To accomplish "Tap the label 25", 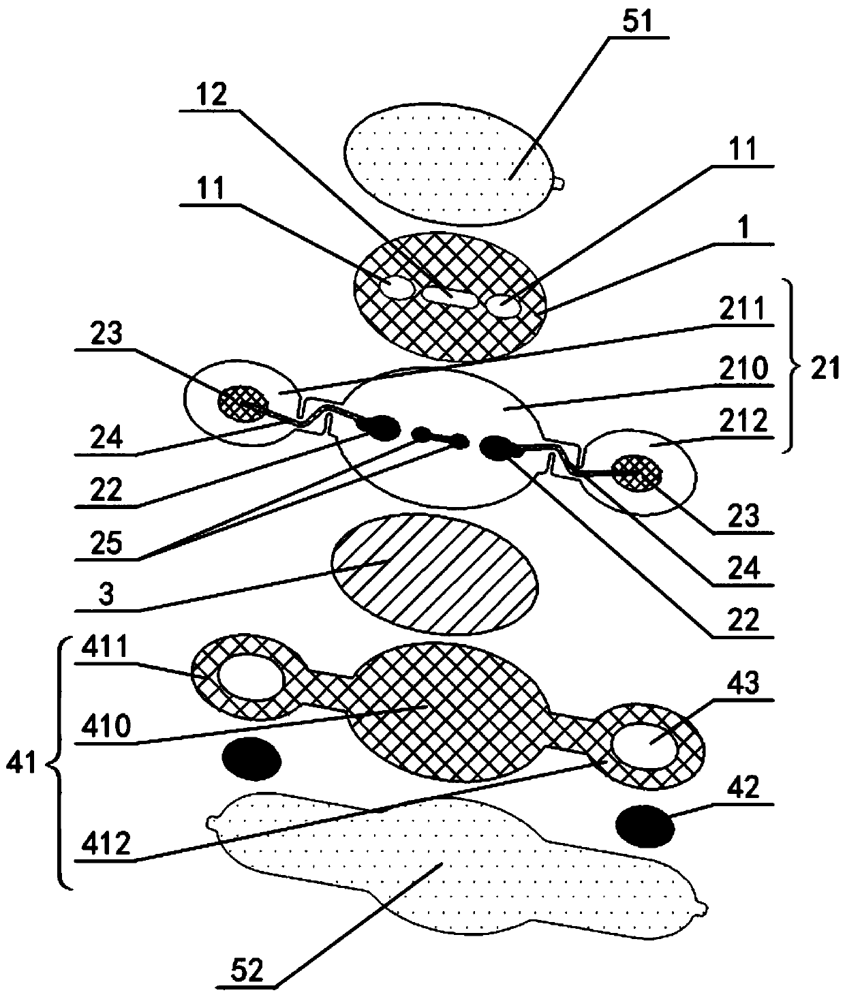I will [x=106, y=543].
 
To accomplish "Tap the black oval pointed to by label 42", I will [x=644, y=825].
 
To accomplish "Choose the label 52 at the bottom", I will [x=247, y=970].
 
